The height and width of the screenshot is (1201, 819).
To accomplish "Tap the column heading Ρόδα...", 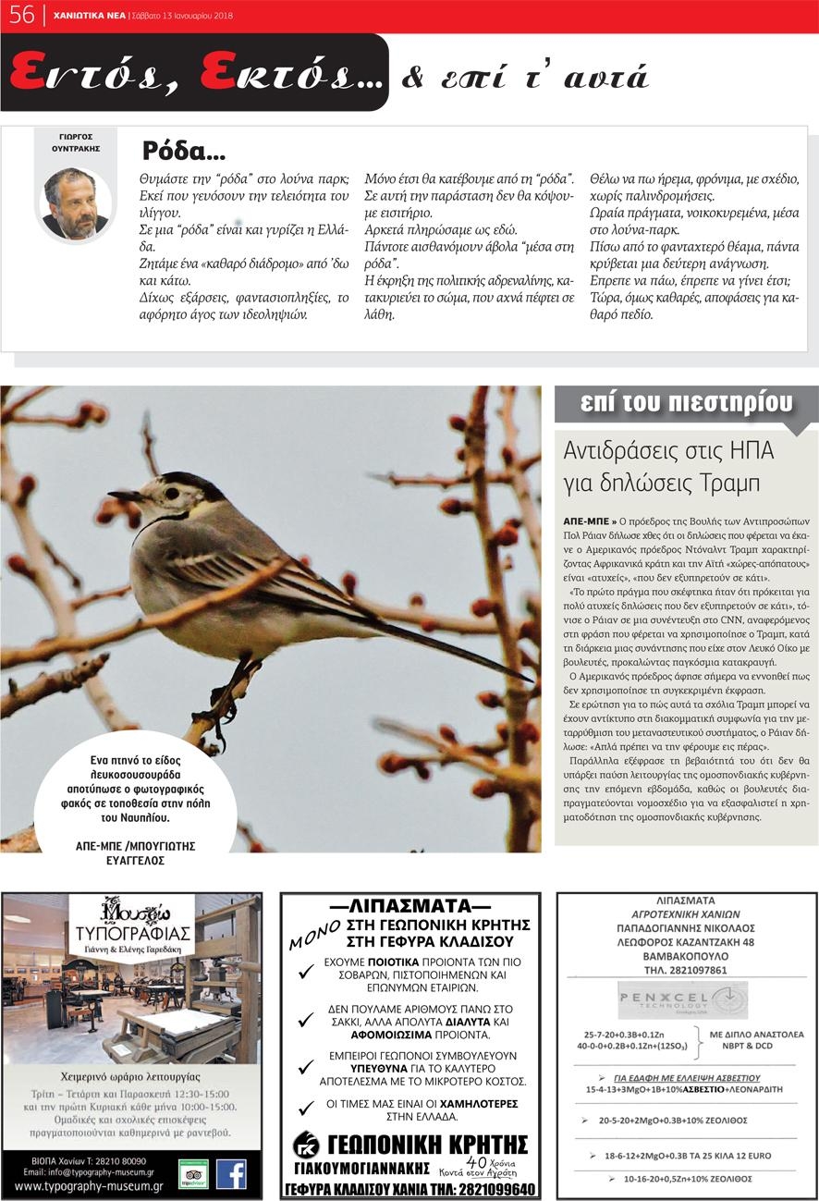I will point(184,151).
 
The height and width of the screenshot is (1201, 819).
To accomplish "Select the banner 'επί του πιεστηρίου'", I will point(686,404).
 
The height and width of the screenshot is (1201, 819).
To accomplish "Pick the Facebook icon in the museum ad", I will point(230,1173).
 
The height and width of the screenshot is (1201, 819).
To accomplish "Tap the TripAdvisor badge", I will point(193,1173).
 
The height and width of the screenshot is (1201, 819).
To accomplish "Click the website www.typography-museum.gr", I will point(89,1186).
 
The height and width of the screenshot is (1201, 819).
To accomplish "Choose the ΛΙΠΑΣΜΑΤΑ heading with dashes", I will point(409,906).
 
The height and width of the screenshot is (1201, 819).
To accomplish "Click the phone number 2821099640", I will point(490,1189).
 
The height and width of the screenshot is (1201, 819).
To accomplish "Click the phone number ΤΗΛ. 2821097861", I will point(685,970).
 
